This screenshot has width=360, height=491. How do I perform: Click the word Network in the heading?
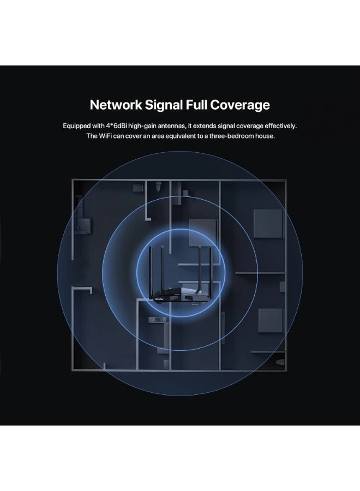(116, 105)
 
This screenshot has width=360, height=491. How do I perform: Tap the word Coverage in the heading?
(240, 105)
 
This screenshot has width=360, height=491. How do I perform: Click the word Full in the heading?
(196, 105)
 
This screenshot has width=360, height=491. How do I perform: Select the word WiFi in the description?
(105, 136)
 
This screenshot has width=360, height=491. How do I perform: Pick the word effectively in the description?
(280, 126)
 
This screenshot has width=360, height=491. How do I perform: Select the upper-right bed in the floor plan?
(268, 224)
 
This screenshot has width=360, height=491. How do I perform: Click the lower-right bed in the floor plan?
(271, 320)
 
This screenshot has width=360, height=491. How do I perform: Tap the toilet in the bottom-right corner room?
(280, 362)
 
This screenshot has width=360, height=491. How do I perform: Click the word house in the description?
(265, 136)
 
